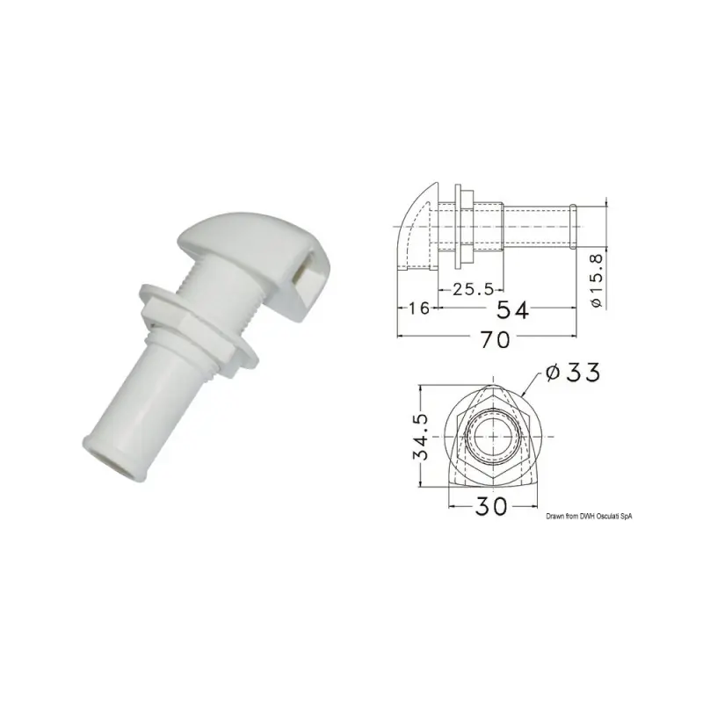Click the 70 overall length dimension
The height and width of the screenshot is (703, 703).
pyautogui.click(x=494, y=340)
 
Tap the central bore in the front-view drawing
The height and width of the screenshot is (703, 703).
pyautogui.click(x=489, y=437)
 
